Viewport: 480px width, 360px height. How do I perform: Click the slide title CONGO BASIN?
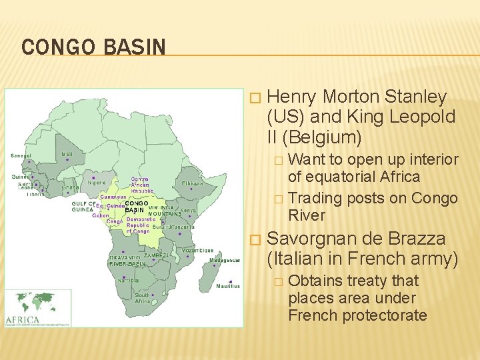tap(93, 47)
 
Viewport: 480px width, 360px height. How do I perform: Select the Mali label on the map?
tap(67, 154)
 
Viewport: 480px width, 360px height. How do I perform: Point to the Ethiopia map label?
tap(193, 183)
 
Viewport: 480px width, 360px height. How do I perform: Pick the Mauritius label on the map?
tap(228, 285)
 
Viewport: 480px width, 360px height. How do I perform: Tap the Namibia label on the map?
tap(127, 280)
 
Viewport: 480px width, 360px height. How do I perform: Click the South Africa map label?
tap(143, 298)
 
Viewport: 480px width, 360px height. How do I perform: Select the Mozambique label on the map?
tap(198, 250)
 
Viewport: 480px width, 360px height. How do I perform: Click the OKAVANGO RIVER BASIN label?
tap(127, 259)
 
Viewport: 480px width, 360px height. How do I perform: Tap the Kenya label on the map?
tap(189, 210)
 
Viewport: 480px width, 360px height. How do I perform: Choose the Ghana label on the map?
tap(71, 187)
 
